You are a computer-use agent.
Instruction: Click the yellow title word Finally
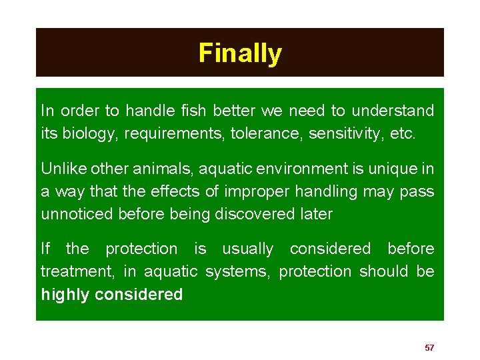pyautogui.click(x=240, y=53)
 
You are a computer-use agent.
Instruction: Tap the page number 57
pyautogui.click(x=429, y=348)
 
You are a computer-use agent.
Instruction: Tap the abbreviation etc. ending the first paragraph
pyautogui.click(x=403, y=133)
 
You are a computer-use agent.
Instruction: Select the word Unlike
pyautogui.click(x=59, y=169)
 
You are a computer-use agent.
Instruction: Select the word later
pyautogui.click(x=315, y=214)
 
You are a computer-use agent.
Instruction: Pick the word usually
pyautogui.click(x=247, y=249)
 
